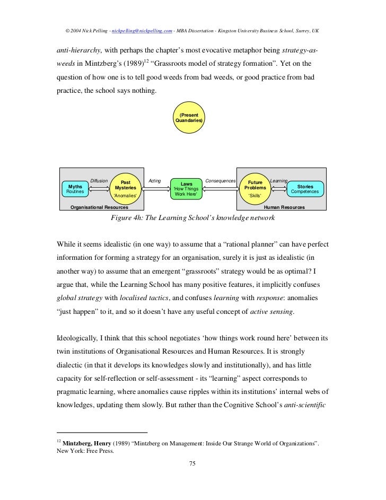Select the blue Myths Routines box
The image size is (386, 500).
click(x=75, y=189)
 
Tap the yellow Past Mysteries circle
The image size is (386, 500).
click(x=126, y=188)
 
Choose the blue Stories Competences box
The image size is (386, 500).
click(x=305, y=189)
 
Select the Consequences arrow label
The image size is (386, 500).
click(x=220, y=181)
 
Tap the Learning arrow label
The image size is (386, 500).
click(x=279, y=181)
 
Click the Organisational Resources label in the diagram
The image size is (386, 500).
click(x=99, y=207)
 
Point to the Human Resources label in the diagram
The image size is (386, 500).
click(x=284, y=207)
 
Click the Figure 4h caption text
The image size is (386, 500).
click(x=192, y=218)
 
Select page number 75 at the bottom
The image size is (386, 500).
click(x=192, y=464)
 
